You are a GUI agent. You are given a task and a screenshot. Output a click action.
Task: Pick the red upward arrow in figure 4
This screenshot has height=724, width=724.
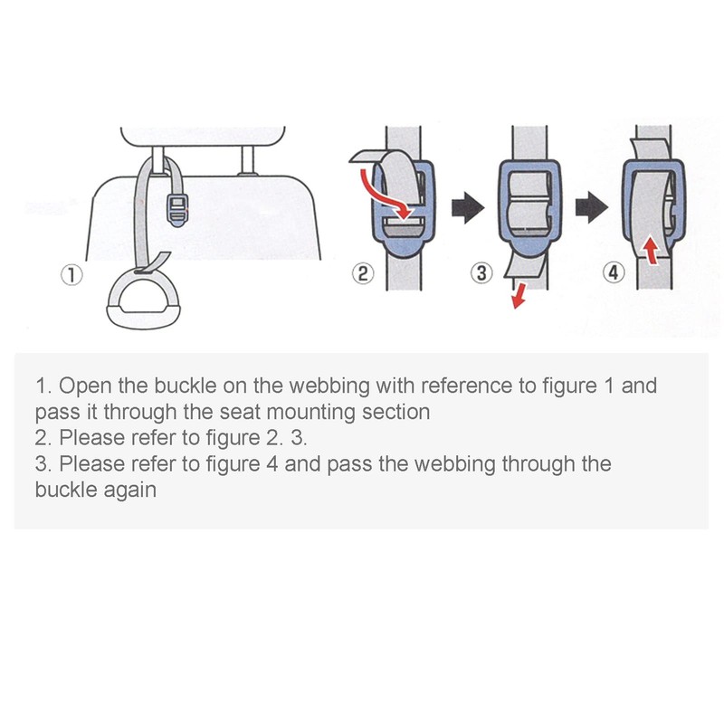click(646, 247)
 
